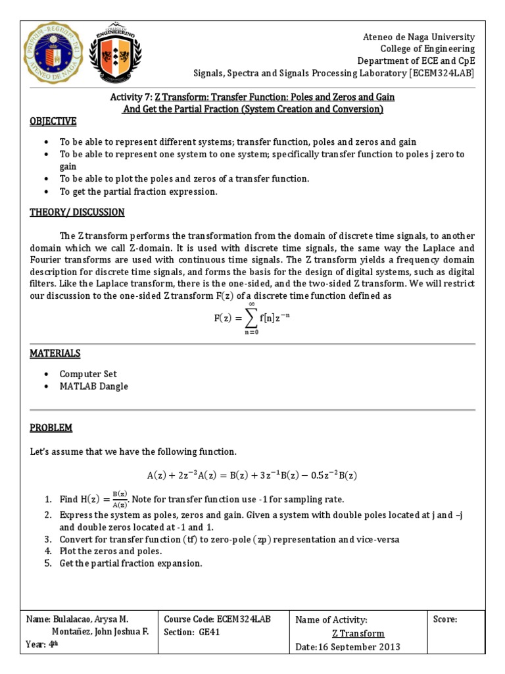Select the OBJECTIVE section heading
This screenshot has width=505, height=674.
[53, 122]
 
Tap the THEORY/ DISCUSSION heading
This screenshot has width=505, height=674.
[77, 212]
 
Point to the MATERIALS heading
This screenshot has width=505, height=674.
[55, 353]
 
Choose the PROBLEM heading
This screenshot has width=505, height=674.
[51, 428]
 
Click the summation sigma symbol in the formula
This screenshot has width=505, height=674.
[252, 318]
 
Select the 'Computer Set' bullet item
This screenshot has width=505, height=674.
[88, 374]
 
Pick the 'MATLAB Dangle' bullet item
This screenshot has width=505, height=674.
[94, 386]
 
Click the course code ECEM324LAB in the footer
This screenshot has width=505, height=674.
[243, 619]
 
